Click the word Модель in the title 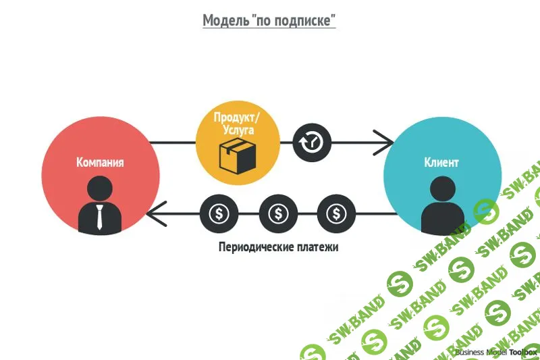(225, 21)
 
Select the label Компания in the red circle (100, 162)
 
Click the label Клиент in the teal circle (441, 162)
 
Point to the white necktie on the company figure (100, 217)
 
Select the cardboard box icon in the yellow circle (237, 155)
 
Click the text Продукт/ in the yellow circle (237, 117)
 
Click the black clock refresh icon (312, 143)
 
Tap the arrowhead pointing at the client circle (386, 143)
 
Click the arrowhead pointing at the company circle (155, 214)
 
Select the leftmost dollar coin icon (219, 214)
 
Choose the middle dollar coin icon (278, 214)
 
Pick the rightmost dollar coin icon (335, 214)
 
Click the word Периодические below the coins (256, 247)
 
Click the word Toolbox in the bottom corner (524, 352)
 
